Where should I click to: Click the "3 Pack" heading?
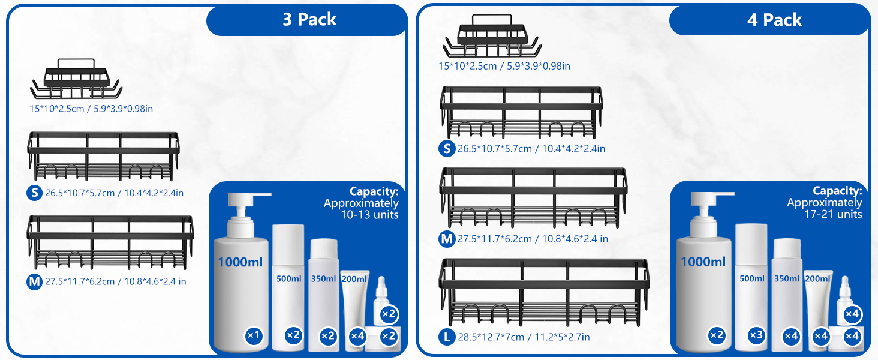tap(309, 20)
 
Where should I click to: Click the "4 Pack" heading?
tap(774, 20)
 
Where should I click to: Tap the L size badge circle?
tap(447, 337)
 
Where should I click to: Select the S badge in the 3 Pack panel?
tap(35, 193)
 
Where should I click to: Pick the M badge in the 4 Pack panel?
tap(447, 239)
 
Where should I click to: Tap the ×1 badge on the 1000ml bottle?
tap(254, 336)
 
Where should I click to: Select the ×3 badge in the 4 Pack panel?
tap(757, 336)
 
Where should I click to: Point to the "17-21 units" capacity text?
tap(834, 214)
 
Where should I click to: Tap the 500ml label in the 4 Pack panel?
tap(751, 278)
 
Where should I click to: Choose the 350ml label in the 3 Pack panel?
tap(323, 278)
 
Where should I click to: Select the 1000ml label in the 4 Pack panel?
tap(703, 262)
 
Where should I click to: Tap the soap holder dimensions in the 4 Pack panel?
tap(504, 66)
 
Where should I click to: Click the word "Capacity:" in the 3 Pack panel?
tap(374, 191)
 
